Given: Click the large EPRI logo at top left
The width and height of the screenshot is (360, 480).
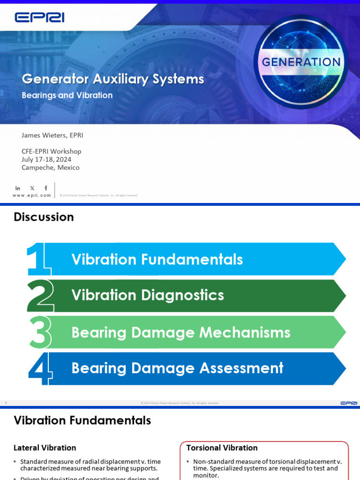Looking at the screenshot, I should [39, 18].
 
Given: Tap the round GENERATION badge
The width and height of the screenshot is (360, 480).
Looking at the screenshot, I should [300, 62].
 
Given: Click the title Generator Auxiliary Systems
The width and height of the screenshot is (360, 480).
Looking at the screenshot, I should [113, 79].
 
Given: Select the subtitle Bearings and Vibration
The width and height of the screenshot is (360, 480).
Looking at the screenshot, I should [67, 95].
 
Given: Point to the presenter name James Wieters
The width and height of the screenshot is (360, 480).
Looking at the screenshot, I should [52, 135].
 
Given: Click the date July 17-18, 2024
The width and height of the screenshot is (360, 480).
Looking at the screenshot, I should [46, 159].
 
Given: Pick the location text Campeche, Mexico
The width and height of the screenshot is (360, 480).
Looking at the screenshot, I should [51, 167].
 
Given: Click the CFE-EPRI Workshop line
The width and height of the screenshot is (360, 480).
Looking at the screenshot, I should [51, 151].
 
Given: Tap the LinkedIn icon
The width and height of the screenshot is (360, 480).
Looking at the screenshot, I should [18, 188].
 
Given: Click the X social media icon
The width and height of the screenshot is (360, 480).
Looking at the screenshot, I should [32, 188].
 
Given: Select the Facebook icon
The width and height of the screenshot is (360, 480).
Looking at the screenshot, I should [45, 188].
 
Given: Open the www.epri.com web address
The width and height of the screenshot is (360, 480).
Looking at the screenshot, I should [31, 195].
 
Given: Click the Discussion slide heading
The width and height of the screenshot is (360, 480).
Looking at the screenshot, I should [44, 217].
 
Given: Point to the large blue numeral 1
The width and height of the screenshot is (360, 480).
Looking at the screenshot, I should [37, 259].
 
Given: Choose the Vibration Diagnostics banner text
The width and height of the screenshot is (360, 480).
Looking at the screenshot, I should [148, 295].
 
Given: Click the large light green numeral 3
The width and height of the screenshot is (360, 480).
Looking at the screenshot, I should [39, 332].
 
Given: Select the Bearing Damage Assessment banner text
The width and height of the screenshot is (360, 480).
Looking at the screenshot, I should [177, 368].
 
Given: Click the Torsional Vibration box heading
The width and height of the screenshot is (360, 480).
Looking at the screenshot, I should [222, 448].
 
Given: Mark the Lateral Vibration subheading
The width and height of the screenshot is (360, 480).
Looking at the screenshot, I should [45, 448].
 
